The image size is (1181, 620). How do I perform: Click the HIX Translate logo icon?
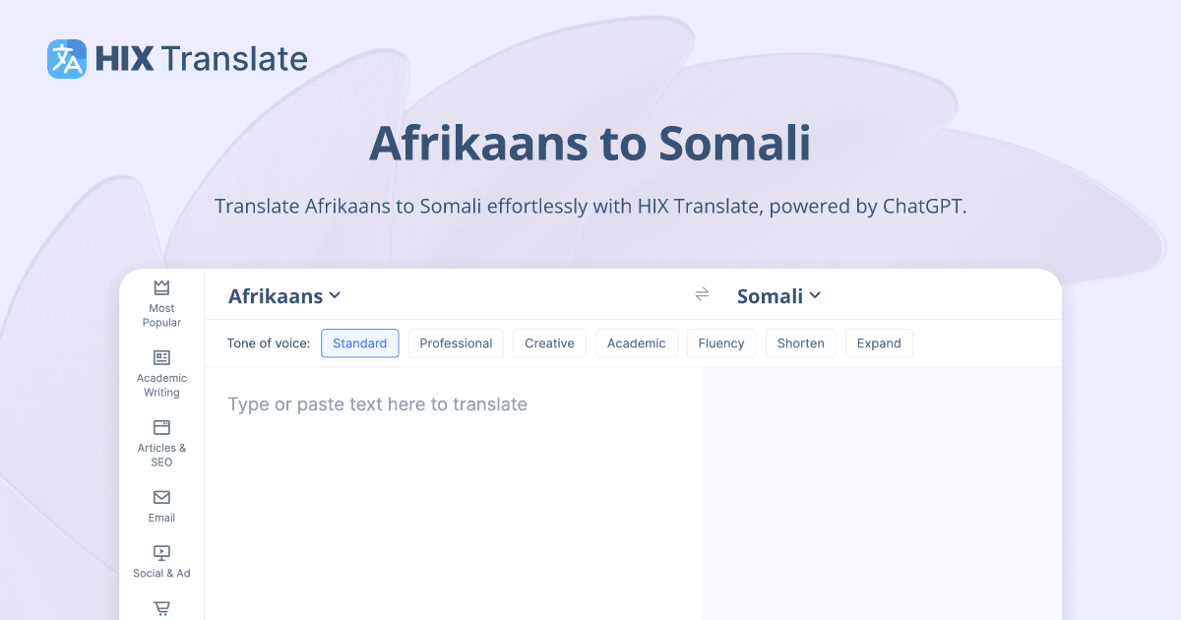[67, 59]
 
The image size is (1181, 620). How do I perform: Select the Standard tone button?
[360, 343]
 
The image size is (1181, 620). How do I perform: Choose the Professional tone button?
[456, 343]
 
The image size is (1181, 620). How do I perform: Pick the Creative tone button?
[549, 343]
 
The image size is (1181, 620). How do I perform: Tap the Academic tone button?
[636, 343]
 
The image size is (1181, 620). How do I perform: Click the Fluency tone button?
[721, 343]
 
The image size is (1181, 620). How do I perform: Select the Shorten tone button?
[800, 343]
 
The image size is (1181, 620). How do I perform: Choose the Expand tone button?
[879, 343]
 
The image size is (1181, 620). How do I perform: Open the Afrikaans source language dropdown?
[284, 296]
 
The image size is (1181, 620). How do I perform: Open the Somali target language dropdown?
[778, 296]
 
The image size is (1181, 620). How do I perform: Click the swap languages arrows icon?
[702, 294]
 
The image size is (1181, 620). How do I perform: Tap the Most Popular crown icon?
[161, 287]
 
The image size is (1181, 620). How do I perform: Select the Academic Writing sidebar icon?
[161, 357]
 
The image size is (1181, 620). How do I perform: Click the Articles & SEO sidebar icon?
[161, 427]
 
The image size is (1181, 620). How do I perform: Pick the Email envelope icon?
[161, 497]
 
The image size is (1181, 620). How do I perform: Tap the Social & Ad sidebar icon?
[161, 553]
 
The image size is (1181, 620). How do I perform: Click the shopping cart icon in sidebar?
[161, 609]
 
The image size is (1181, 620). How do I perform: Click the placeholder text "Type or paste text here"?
[377, 404]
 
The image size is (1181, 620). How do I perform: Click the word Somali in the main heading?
[734, 144]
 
